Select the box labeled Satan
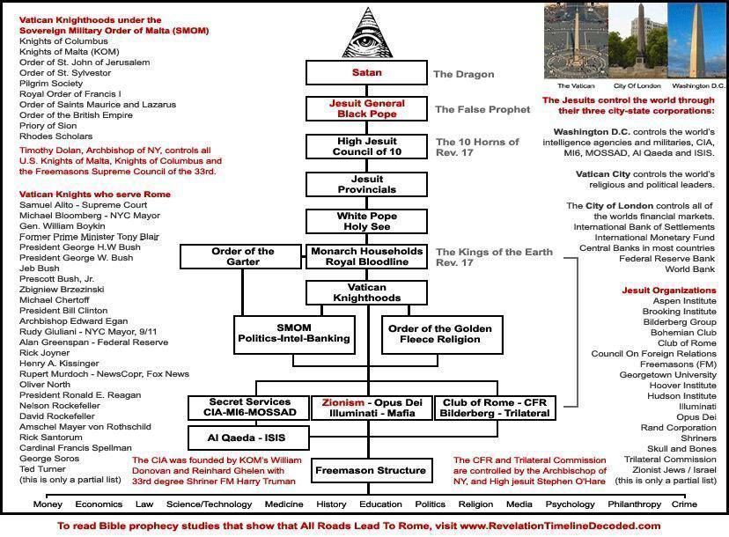[x=366, y=72]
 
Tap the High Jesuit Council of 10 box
[x=366, y=146]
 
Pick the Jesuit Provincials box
[x=366, y=184]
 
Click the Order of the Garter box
[x=241, y=257]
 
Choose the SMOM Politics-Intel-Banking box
[x=294, y=335]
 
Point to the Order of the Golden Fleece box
[x=442, y=335]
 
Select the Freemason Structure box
[x=371, y=470]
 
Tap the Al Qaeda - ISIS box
[x=248, y=438]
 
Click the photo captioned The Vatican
[x=576, y=40]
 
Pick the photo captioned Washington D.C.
[x=696, y=40]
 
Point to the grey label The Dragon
[x=463, y=75]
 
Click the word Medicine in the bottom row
[x=284, y=504]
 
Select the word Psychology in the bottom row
[x=570, y=504]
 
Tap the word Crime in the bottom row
[x=684, y=504]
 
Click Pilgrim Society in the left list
[x=51, y=84]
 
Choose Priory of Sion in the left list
[x=48, y=126]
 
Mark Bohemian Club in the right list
[x=683, y=333]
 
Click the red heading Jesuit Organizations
[x=669, y=291]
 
